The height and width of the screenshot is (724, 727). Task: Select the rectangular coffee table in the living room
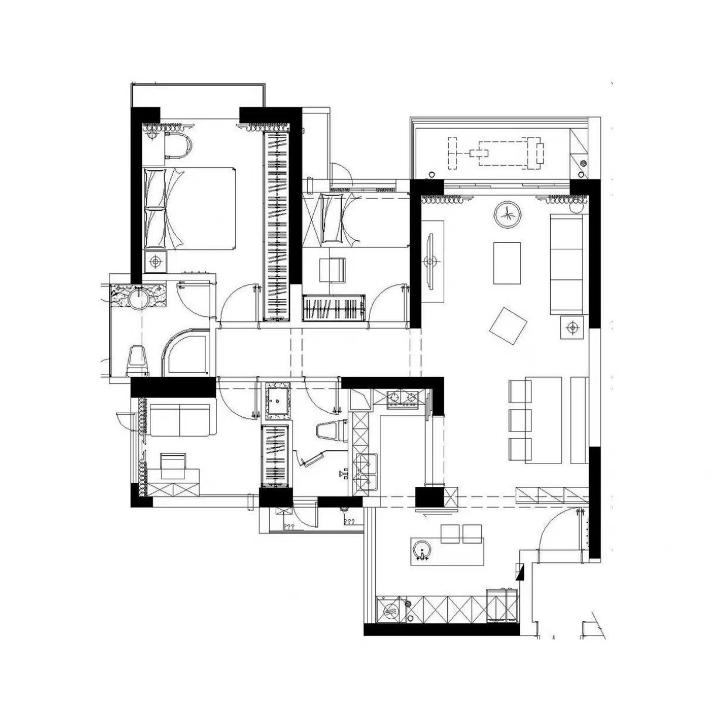tap(507, 263)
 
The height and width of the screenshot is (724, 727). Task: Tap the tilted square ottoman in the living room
tap(508, 326)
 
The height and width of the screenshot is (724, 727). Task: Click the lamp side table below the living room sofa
tap(572, 327)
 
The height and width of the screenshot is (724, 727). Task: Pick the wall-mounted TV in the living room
tap(430, 261)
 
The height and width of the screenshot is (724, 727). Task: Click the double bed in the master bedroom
tap(190, 208)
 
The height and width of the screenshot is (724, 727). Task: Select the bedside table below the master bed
tap(155, 260)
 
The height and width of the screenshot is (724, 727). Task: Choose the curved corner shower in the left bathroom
tap(186, 353)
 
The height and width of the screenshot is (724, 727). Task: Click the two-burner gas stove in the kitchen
tap(403, 399)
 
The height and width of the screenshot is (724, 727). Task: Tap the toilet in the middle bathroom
tap(331, 431)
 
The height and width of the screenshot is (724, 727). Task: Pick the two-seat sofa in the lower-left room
tap(180, 420)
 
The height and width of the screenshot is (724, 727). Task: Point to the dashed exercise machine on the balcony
tap(496, 153)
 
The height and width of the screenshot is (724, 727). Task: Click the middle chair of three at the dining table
tap(520, 420)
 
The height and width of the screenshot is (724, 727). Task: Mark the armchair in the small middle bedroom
tap(332, 269)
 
